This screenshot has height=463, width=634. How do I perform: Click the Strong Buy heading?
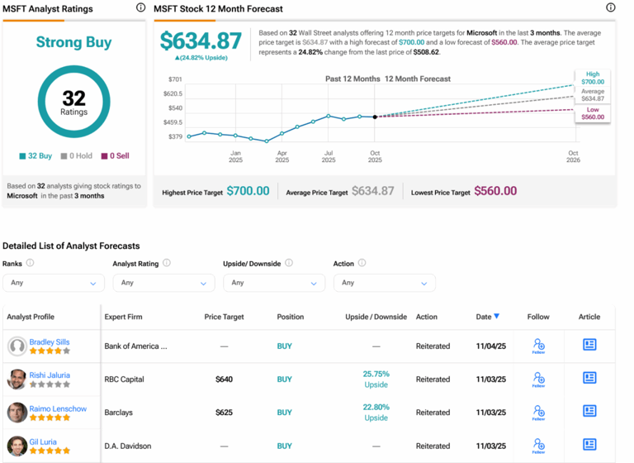73,42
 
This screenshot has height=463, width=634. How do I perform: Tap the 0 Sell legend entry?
115,155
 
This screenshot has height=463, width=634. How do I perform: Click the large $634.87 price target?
201,41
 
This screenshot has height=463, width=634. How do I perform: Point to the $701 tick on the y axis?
175,79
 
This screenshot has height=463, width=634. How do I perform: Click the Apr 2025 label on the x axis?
282,157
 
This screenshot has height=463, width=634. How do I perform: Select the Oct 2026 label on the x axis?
574,157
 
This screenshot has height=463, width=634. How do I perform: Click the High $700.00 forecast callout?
593,79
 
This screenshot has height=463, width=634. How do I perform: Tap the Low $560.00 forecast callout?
593,113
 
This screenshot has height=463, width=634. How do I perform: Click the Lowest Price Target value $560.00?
498,191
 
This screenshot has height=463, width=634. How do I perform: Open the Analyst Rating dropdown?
163,283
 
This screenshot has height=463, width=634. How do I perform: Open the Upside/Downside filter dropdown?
273,283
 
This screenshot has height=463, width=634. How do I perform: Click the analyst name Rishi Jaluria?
50,375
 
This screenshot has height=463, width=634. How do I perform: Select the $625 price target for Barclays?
224,412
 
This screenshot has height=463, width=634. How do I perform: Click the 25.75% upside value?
376,374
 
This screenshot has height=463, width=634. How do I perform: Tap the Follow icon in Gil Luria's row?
538,445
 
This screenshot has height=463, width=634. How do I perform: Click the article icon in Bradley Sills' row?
589,344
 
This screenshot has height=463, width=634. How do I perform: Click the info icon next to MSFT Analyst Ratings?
140,8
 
